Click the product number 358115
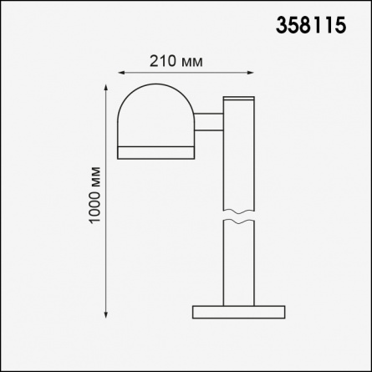[x=311, y=25]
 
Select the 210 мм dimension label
[x=176, y=61]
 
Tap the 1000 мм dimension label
[x=94, y=195]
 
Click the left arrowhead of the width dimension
[x=121, y=73]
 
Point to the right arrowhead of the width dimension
[x=250, y=73]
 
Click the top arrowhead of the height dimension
[x=106, y=88]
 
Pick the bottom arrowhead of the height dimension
[x=106, y=314]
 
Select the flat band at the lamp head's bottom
[x=156, y=153]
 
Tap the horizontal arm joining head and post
[x=209, y=122]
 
